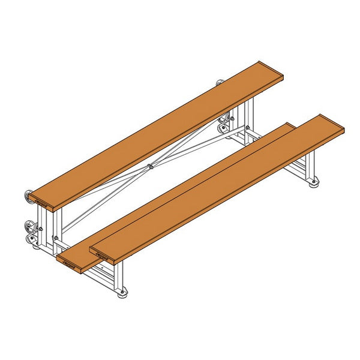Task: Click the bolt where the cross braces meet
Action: pos(149,166)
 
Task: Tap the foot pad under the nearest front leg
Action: pos(122,293)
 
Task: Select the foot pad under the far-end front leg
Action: pos(314,183)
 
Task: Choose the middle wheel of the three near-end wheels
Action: pos(28,227)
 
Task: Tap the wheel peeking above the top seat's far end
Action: pos(220,83)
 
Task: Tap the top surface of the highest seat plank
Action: pos(156,132)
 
